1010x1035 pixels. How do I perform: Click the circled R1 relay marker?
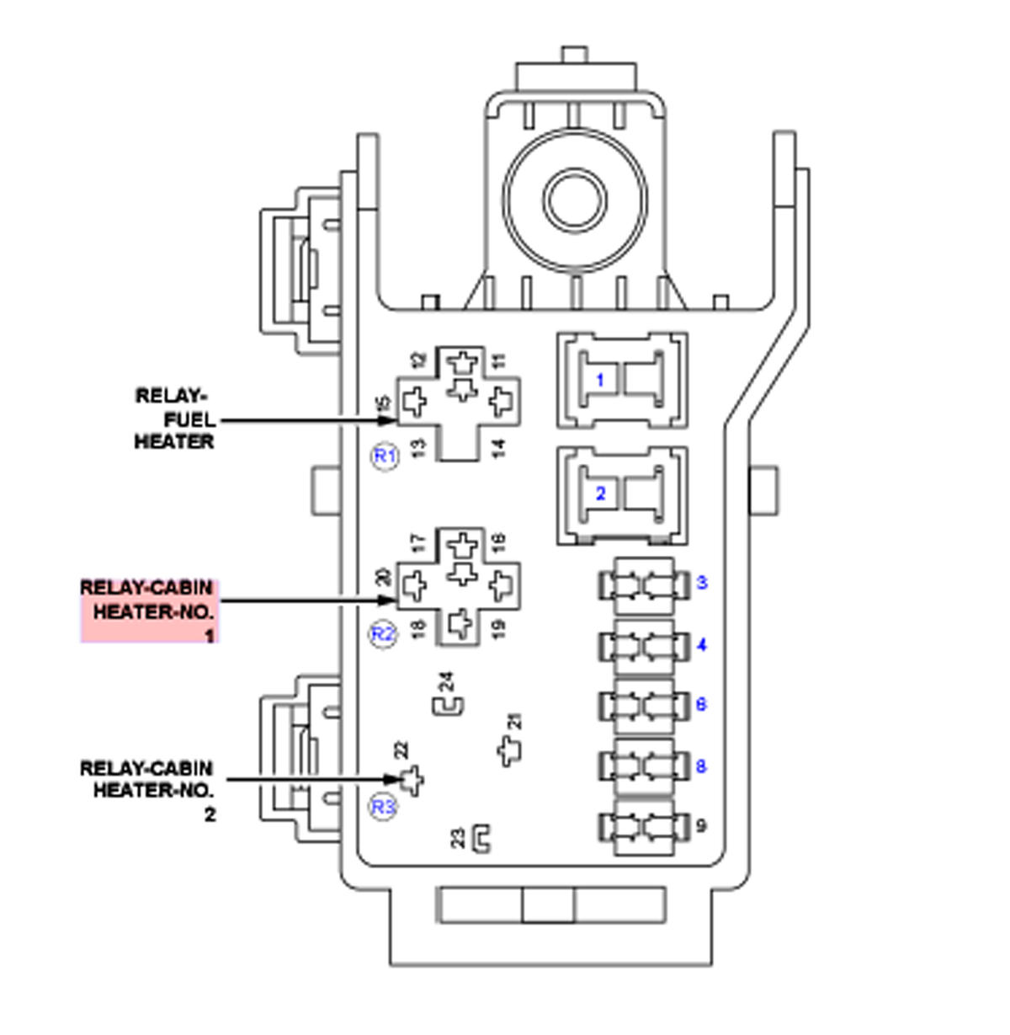click(385, 456)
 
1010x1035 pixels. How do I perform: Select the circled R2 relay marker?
click(383, 633)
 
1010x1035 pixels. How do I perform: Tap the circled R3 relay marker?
click(383, 807)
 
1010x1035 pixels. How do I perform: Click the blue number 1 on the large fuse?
click(600, 381)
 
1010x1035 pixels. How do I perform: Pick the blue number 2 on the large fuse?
click(600, 493)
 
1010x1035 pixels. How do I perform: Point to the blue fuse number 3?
click(702, 583)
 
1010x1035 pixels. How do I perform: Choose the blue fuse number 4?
click(702, 645)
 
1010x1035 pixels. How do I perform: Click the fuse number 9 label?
click(702, 826)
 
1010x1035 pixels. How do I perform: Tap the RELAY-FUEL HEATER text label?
click(174, 419)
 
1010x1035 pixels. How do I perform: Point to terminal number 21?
click(515, 722)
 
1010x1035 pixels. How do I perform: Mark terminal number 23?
click(458, 838)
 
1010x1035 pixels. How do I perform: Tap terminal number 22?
click(401, 749)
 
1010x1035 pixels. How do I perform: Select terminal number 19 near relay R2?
click(498, 628)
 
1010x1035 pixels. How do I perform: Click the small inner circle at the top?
click(575, 200)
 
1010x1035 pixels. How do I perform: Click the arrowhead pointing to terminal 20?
click(388, 600)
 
